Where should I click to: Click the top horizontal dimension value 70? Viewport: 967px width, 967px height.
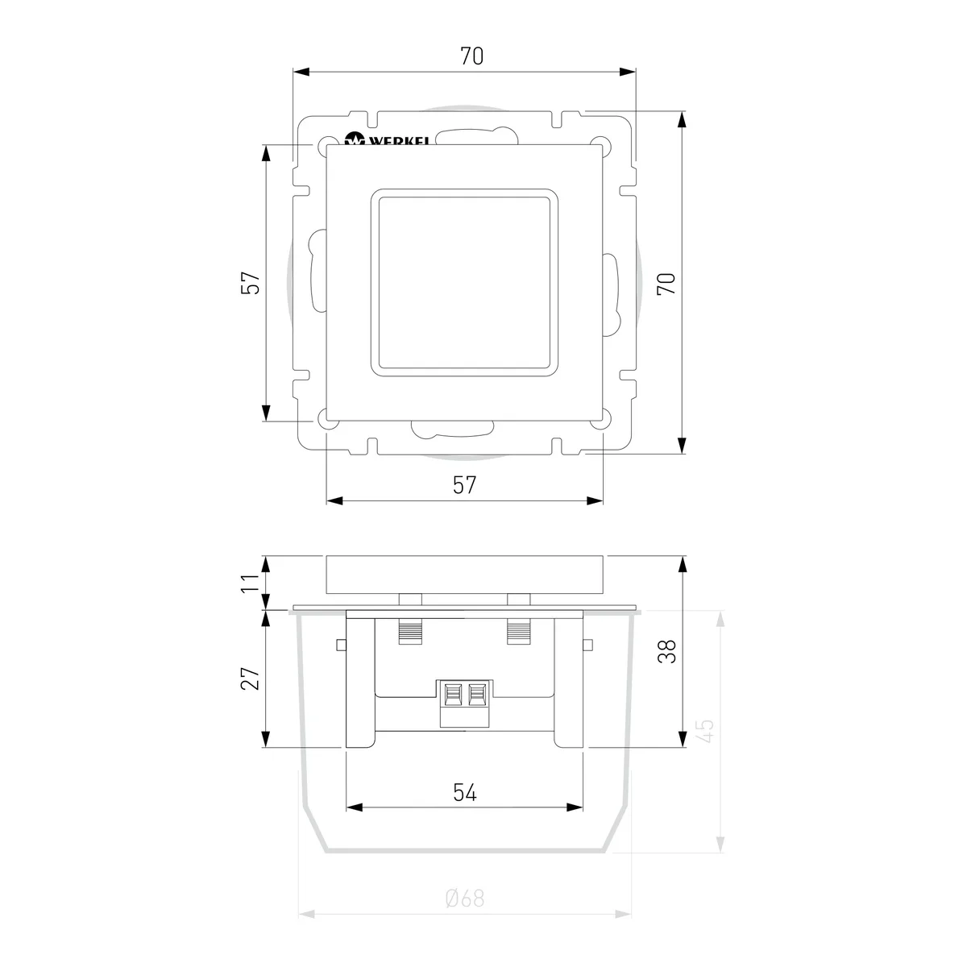(x=471, y=56)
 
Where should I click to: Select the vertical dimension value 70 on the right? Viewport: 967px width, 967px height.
(x=666, y=284)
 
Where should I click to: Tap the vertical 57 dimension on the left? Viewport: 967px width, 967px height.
(x=251, y=283)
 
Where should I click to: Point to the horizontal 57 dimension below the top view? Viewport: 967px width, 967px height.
(x=464, y=485)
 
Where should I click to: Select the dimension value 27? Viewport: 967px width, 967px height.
(x=251, y=679)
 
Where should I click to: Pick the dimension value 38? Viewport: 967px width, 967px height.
(x=666, y=652)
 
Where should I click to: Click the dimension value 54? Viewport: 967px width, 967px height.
(x=465, y=792)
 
